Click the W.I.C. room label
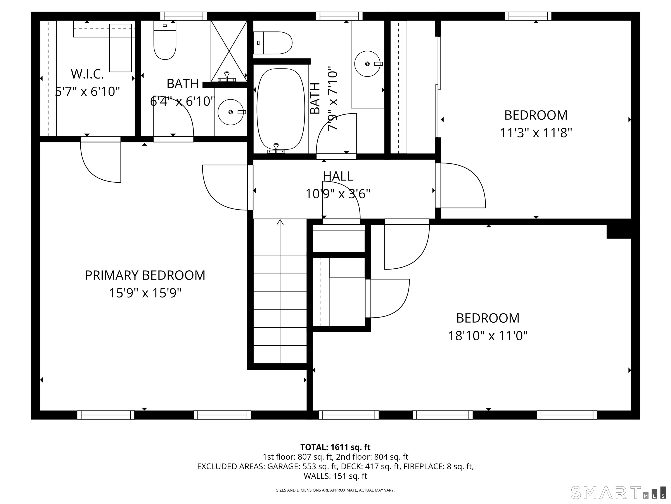tap(87, 74)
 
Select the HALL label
tap(338, 176)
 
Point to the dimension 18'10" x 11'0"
tap(488, 336)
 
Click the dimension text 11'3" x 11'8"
tap(536, 133)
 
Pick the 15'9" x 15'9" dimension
tap(145, 293)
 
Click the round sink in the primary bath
tap(230, 112)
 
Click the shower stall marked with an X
tap(229, 51)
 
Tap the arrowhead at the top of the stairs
tap(280, 222)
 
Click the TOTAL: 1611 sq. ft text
tap(335, 447)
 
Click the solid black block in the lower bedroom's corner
tap(619, 231)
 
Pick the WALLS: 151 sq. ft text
tap(335, 476)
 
